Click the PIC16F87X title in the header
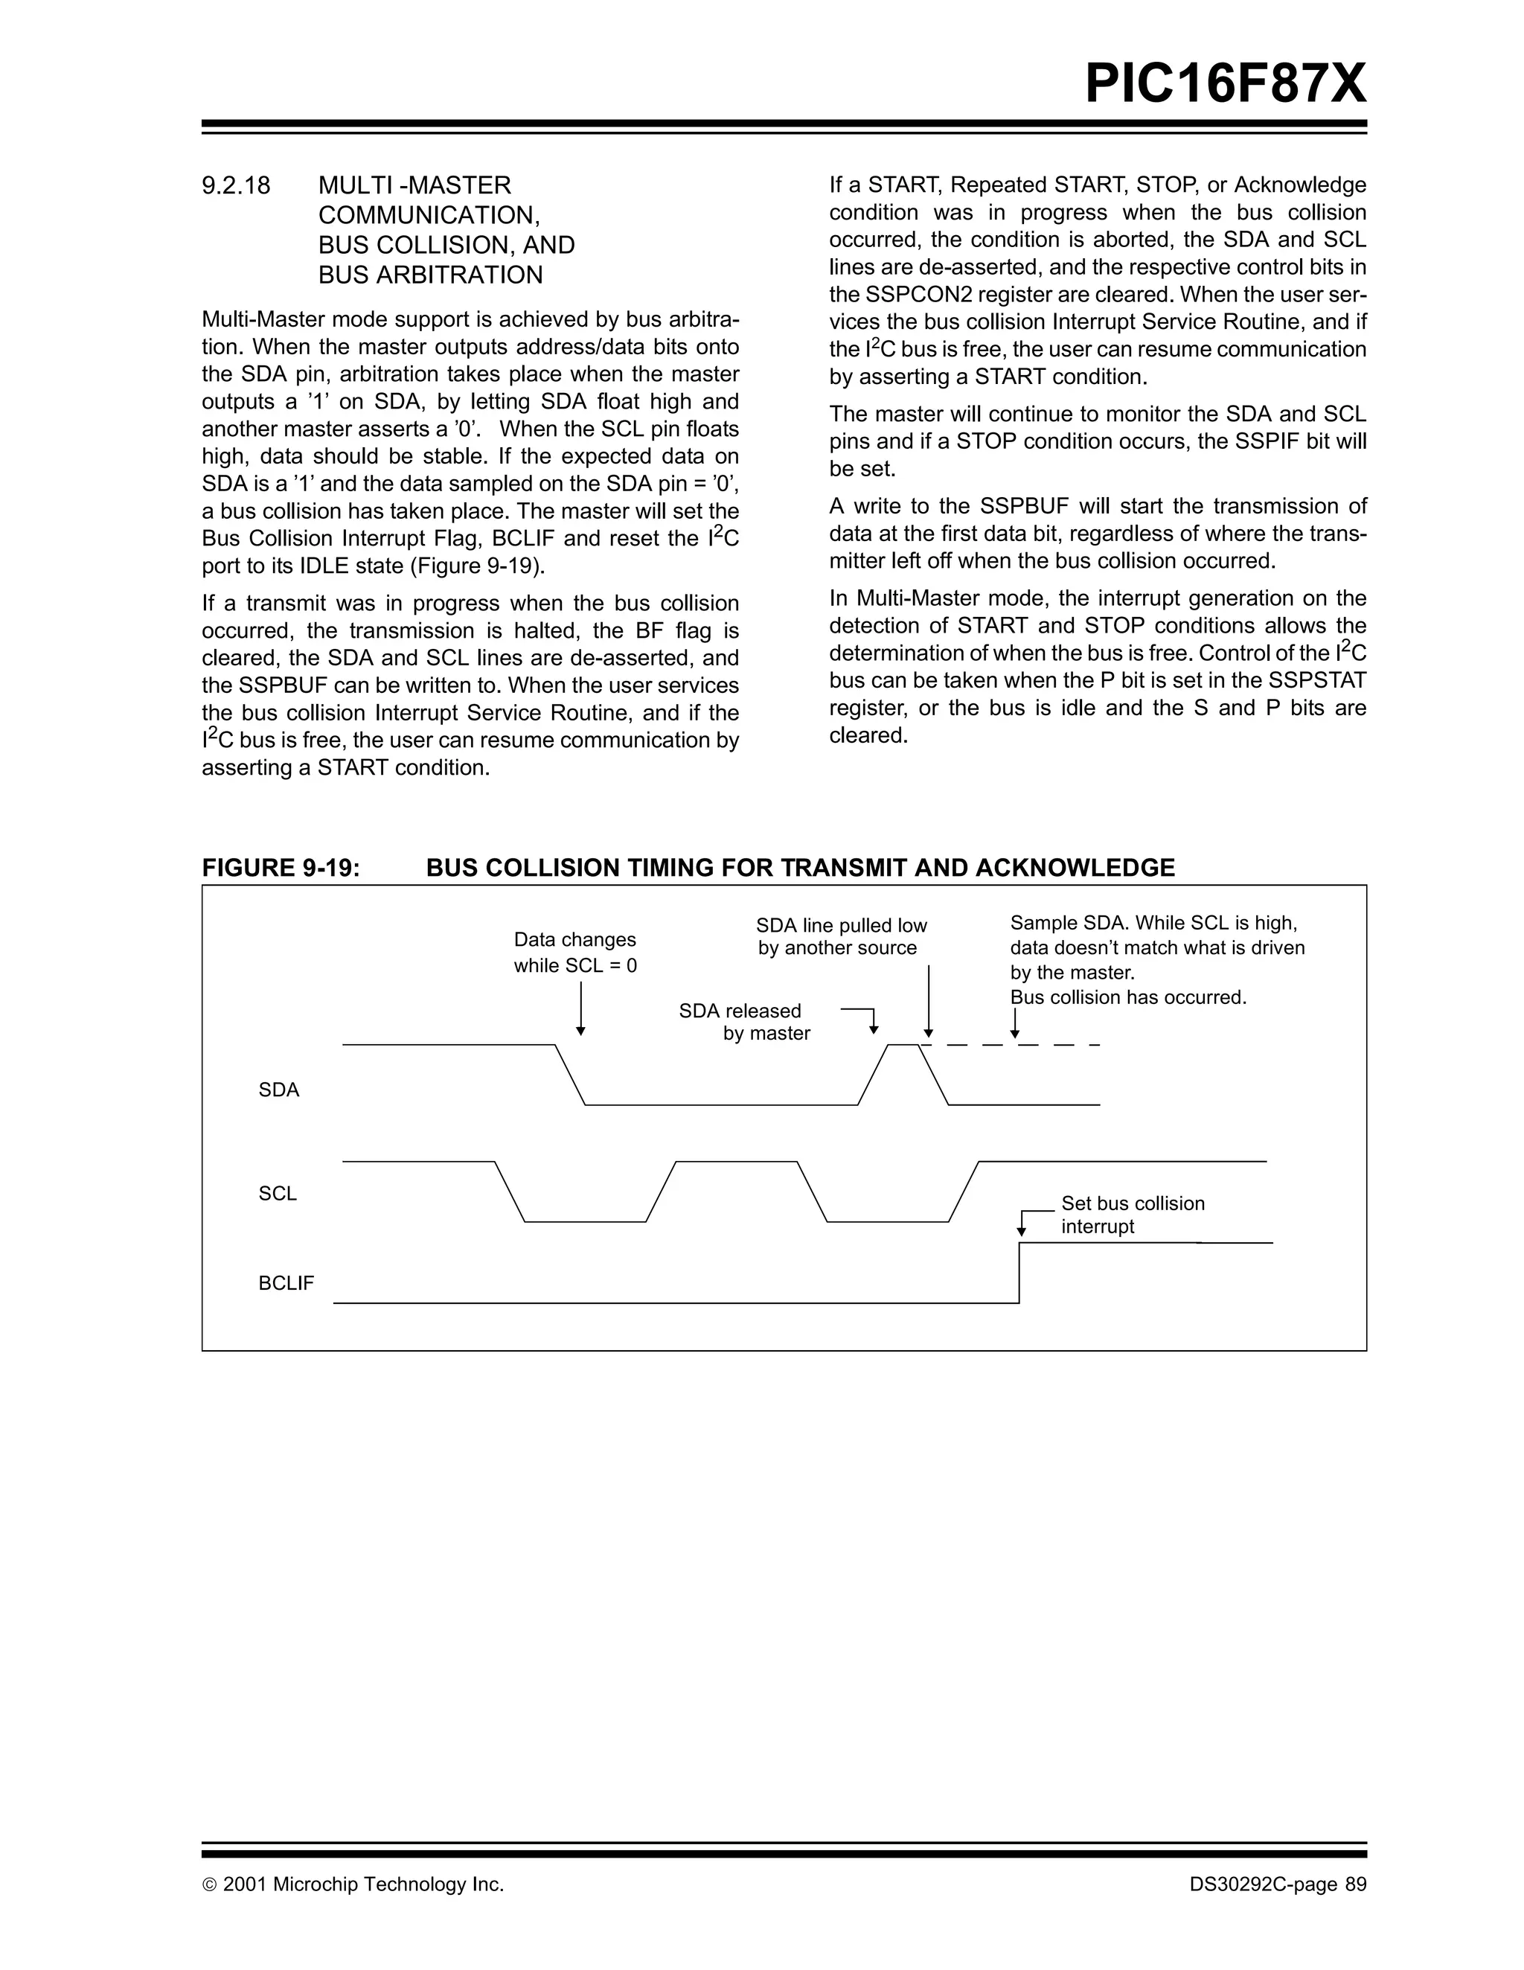1225,85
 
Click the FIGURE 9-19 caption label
281,868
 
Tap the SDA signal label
278,1090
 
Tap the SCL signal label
278,1193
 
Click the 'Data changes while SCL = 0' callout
575,953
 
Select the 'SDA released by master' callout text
744,1022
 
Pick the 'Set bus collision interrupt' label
1132,1214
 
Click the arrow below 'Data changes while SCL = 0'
580,1008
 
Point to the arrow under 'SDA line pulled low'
928,1001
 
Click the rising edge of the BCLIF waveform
1019,1273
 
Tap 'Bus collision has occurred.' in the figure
1127,997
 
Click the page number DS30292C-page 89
1277,1884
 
